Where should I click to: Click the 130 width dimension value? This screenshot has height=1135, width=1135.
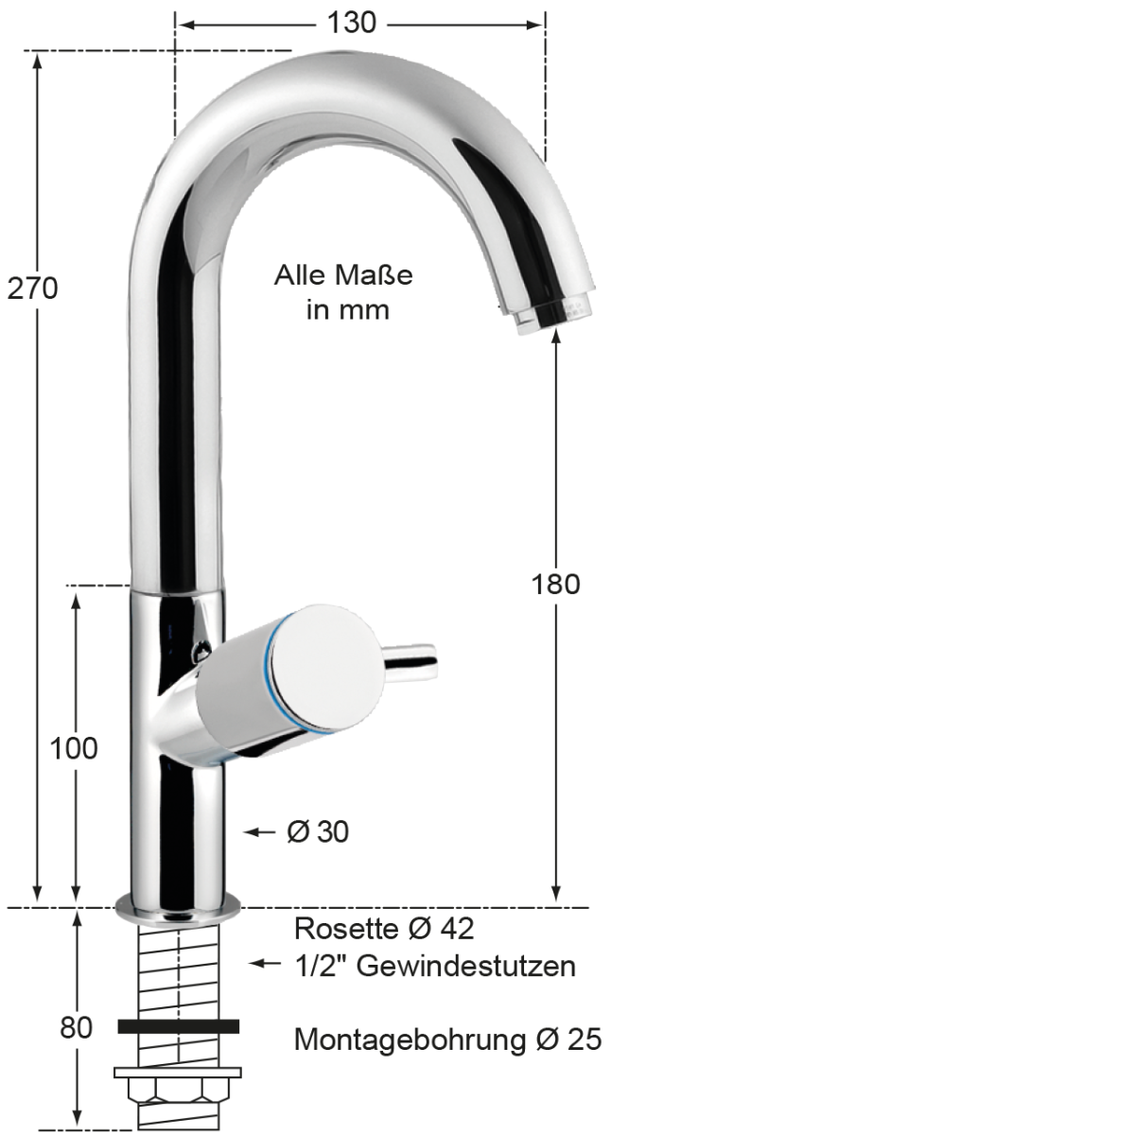click(352, 23)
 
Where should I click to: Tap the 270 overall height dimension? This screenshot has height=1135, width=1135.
click(32, 288)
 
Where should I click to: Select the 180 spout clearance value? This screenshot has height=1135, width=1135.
click(555, 584)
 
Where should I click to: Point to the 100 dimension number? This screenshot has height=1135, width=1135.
click(74, 748)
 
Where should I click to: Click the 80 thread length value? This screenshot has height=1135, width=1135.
click(76, 1026)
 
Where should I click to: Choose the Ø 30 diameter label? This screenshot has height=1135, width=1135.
click(318, 831)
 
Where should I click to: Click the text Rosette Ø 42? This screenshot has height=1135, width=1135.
click(384, 928)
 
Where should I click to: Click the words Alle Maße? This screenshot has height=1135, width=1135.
click(343, 275)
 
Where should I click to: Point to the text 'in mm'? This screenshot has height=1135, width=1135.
click(347, 309)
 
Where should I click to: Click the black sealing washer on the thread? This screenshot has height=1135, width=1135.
click(178, 1026)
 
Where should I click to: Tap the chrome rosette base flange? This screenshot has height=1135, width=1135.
click(178, 910)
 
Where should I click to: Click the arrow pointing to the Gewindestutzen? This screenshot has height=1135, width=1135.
click(265, 964)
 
